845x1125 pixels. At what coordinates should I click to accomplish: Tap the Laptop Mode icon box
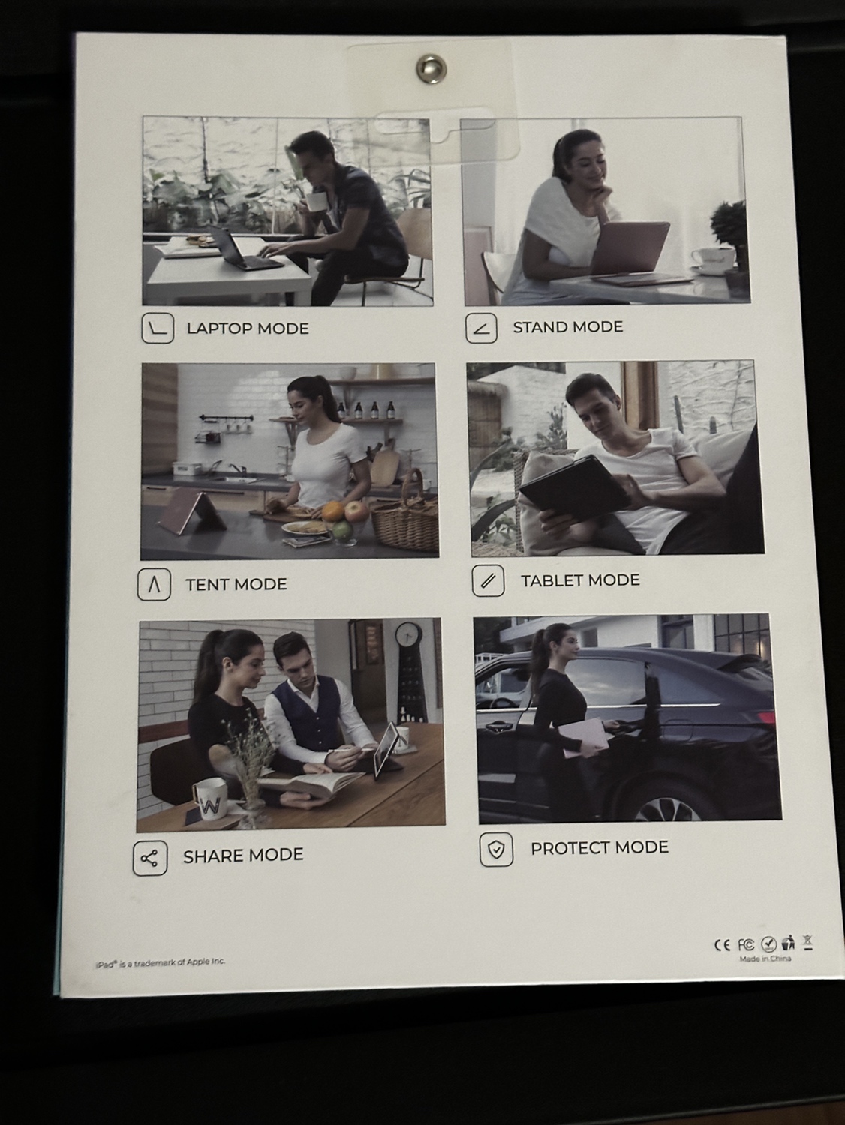158,328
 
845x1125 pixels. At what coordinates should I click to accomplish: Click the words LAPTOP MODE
248,328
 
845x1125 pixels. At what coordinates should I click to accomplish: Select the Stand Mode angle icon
481,328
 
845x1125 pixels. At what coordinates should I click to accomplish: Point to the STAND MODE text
568,326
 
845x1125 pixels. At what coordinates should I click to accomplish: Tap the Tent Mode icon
154,584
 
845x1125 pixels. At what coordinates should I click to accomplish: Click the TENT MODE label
236,584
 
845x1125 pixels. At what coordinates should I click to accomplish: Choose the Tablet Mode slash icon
488,580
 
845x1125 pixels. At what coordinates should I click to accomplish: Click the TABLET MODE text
580,580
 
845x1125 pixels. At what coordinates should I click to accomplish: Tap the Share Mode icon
149,857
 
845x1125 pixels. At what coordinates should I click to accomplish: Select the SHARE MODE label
243,855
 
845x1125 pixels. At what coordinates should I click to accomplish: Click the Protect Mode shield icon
496,850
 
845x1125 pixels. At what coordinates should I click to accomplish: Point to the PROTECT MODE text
600,847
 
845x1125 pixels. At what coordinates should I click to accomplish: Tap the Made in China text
765,958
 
